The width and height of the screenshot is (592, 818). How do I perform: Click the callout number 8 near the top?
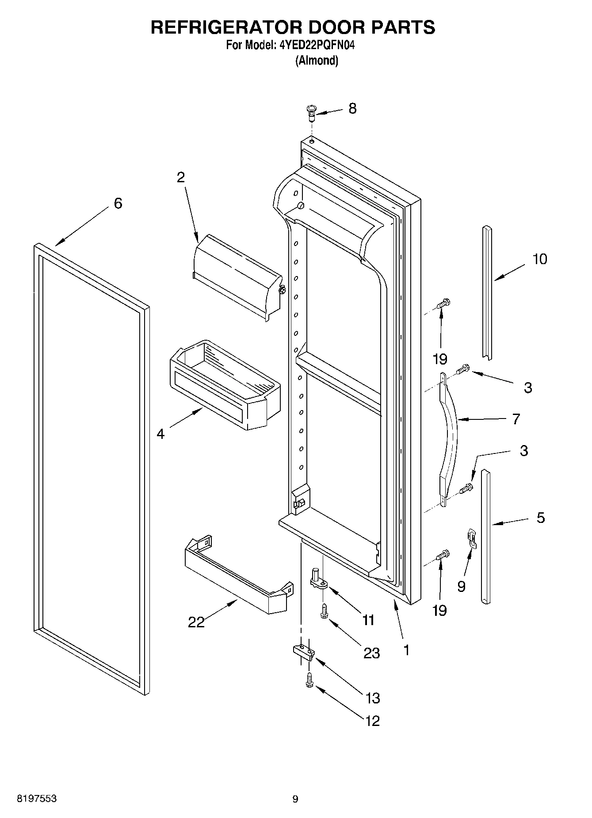pos(352,108)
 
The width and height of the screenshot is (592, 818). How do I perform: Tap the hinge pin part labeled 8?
pos(311,112)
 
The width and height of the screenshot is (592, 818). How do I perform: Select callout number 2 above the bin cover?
pos(180,177)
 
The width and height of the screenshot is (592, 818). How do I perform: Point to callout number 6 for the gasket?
pos(118,204)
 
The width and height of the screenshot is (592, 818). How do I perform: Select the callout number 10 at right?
pos(539,259)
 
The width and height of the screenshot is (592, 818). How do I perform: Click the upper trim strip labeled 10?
pos(487,292)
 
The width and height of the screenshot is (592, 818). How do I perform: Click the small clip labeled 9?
pos(472,538)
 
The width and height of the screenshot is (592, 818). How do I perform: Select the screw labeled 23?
pos(324,611)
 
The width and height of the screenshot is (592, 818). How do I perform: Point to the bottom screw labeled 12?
pos(309,680)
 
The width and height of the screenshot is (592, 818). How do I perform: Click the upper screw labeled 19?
pos(443,305)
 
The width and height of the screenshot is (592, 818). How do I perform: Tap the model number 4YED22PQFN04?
pos(317,45)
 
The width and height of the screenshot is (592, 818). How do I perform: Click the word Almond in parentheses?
pos(317,61)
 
